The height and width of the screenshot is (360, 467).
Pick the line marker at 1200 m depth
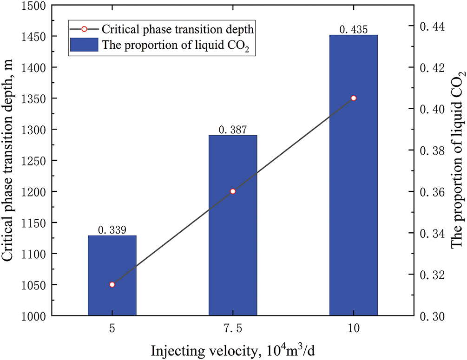click(233, 191)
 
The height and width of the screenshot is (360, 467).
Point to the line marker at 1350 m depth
click(354, 98)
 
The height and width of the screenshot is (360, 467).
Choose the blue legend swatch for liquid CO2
click(84, 45)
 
